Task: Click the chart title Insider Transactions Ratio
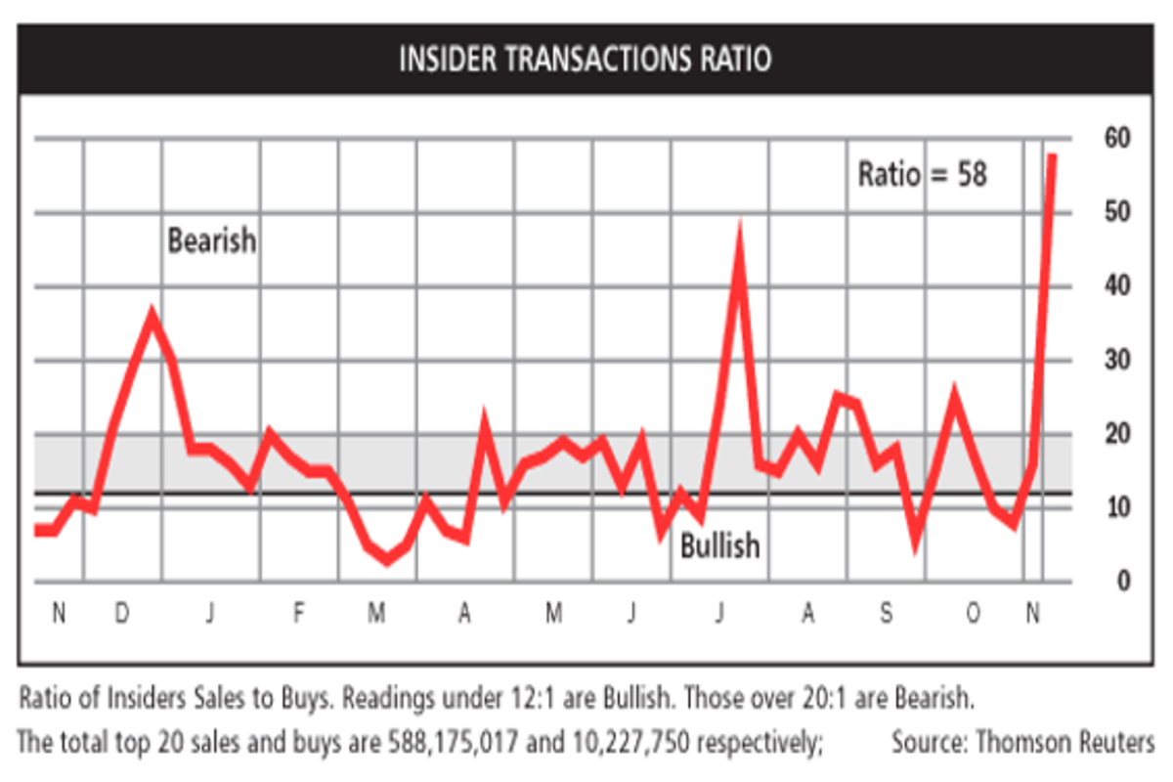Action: [585, 60]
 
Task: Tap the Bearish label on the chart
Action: [212, 240]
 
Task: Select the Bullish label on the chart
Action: [719, 545]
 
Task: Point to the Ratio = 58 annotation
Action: [923, 174]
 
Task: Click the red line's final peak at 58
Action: [1052, 156]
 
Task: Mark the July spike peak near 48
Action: [740, 233]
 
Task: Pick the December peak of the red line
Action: [152, 315]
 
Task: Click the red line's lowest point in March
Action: [387, 559]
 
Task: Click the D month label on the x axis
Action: [121, 614]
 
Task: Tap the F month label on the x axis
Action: [299, 614]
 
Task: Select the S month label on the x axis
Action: [886, 614]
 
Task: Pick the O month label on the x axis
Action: [974, 614]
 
